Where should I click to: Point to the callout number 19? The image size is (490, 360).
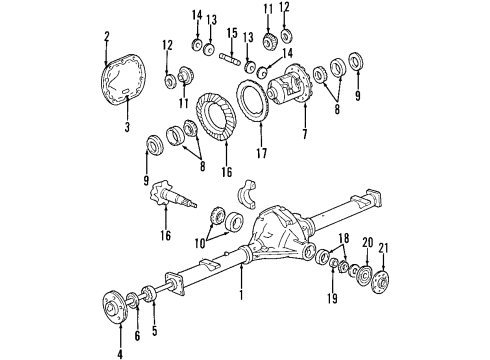tap(333, 298)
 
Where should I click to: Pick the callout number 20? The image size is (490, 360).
tap(366, 242)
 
